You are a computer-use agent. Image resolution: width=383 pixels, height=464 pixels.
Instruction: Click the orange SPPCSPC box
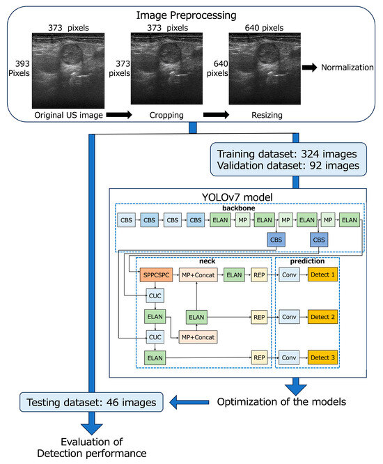[x=156, y=276]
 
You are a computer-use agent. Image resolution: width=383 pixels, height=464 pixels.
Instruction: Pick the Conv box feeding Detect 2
[x=289, y=317]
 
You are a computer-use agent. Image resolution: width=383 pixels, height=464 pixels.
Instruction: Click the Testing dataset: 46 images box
[x=90, y=401]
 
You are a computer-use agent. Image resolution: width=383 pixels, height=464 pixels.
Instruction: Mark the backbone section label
[x=242, y=208]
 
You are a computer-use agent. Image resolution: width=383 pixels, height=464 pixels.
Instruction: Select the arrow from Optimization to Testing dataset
[x=187, y=401]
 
